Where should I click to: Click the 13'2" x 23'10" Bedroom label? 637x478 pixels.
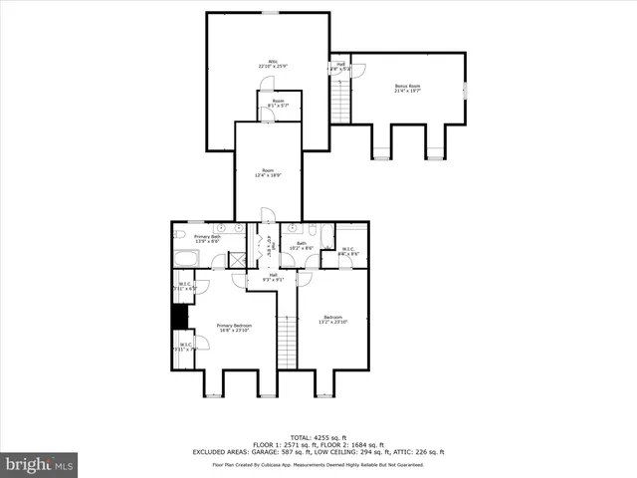click(332, 320)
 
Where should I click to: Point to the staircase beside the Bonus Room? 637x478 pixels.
click(341, 98)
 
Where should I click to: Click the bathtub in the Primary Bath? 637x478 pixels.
click(186, 261)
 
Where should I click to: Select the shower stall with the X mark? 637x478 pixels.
click(239, 259)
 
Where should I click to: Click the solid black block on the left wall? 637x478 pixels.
click(180, 316)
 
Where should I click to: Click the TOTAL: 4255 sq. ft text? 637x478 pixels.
click(318, 437)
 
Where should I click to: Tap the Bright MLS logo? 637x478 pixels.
click(40, 464)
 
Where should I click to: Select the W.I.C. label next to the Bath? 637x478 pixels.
click(349, 251)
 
